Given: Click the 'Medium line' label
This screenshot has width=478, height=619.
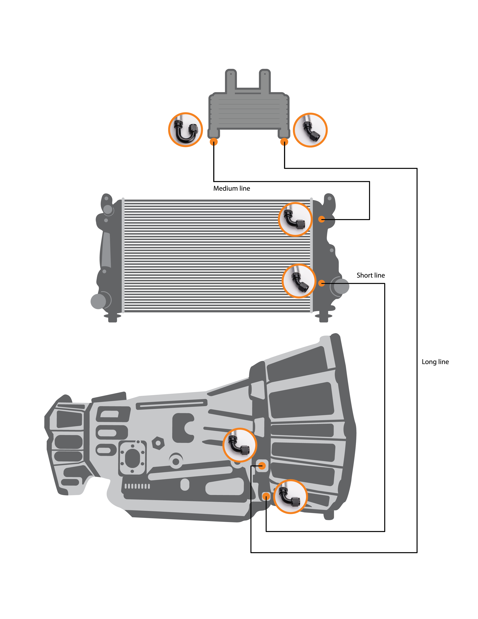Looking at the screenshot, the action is point(232,189).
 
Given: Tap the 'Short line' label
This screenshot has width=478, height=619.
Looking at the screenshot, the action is point(371,275).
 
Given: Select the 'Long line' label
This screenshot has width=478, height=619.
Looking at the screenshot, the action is point(435,362).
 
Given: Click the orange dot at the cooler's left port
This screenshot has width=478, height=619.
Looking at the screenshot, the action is point(214,142).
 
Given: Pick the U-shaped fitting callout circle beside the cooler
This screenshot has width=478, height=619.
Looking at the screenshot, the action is point(185,130).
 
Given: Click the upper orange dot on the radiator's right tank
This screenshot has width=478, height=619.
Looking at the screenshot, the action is point(321,219).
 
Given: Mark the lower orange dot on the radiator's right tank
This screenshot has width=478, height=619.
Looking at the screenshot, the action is point(321,283).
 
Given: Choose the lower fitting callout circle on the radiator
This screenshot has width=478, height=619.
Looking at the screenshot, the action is point(299,281).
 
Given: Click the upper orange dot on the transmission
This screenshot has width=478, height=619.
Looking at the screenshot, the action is point(262,466).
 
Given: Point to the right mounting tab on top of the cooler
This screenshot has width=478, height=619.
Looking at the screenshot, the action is point(265,81).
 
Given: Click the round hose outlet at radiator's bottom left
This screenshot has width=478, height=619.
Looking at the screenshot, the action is point(98,301).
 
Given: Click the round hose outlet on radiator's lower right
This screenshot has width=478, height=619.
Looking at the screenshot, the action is point(341,286).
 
